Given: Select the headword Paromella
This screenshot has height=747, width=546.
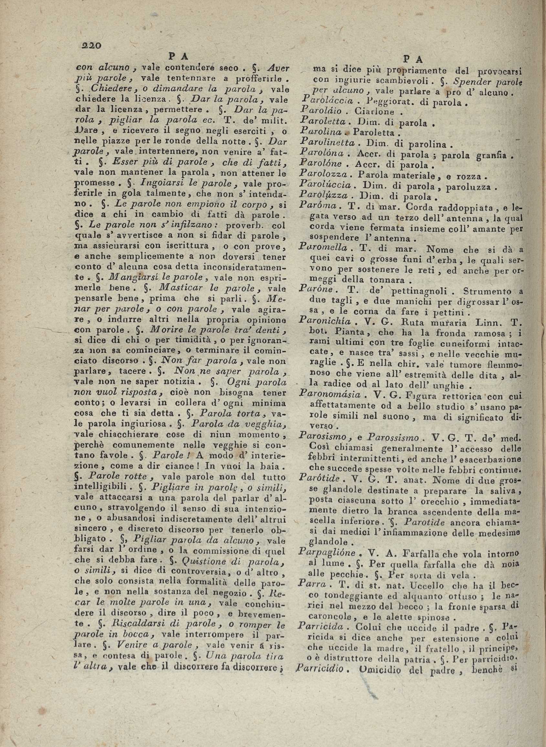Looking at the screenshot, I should coord(322,247).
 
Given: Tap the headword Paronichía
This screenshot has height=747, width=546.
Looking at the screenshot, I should coord(324,320).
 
